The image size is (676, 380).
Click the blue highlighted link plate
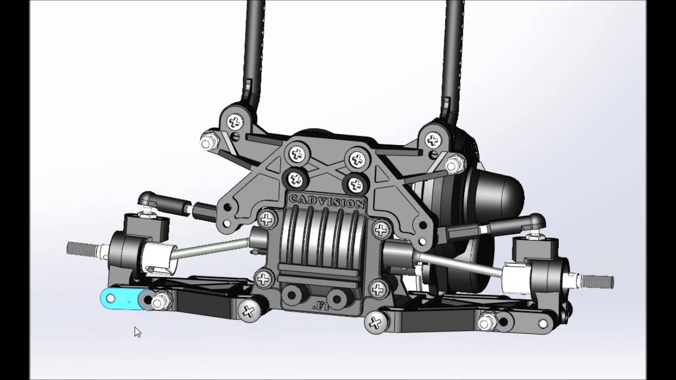[119, 299]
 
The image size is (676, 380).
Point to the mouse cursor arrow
[137, 331]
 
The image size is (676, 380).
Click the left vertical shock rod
[253, 47]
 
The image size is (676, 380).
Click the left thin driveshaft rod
[211, 249]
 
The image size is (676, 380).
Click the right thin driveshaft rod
[459, 264]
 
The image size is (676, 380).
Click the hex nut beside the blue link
[158, 302]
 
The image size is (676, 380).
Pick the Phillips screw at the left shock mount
[235, 122]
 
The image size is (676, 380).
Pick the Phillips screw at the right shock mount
[433, 140]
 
